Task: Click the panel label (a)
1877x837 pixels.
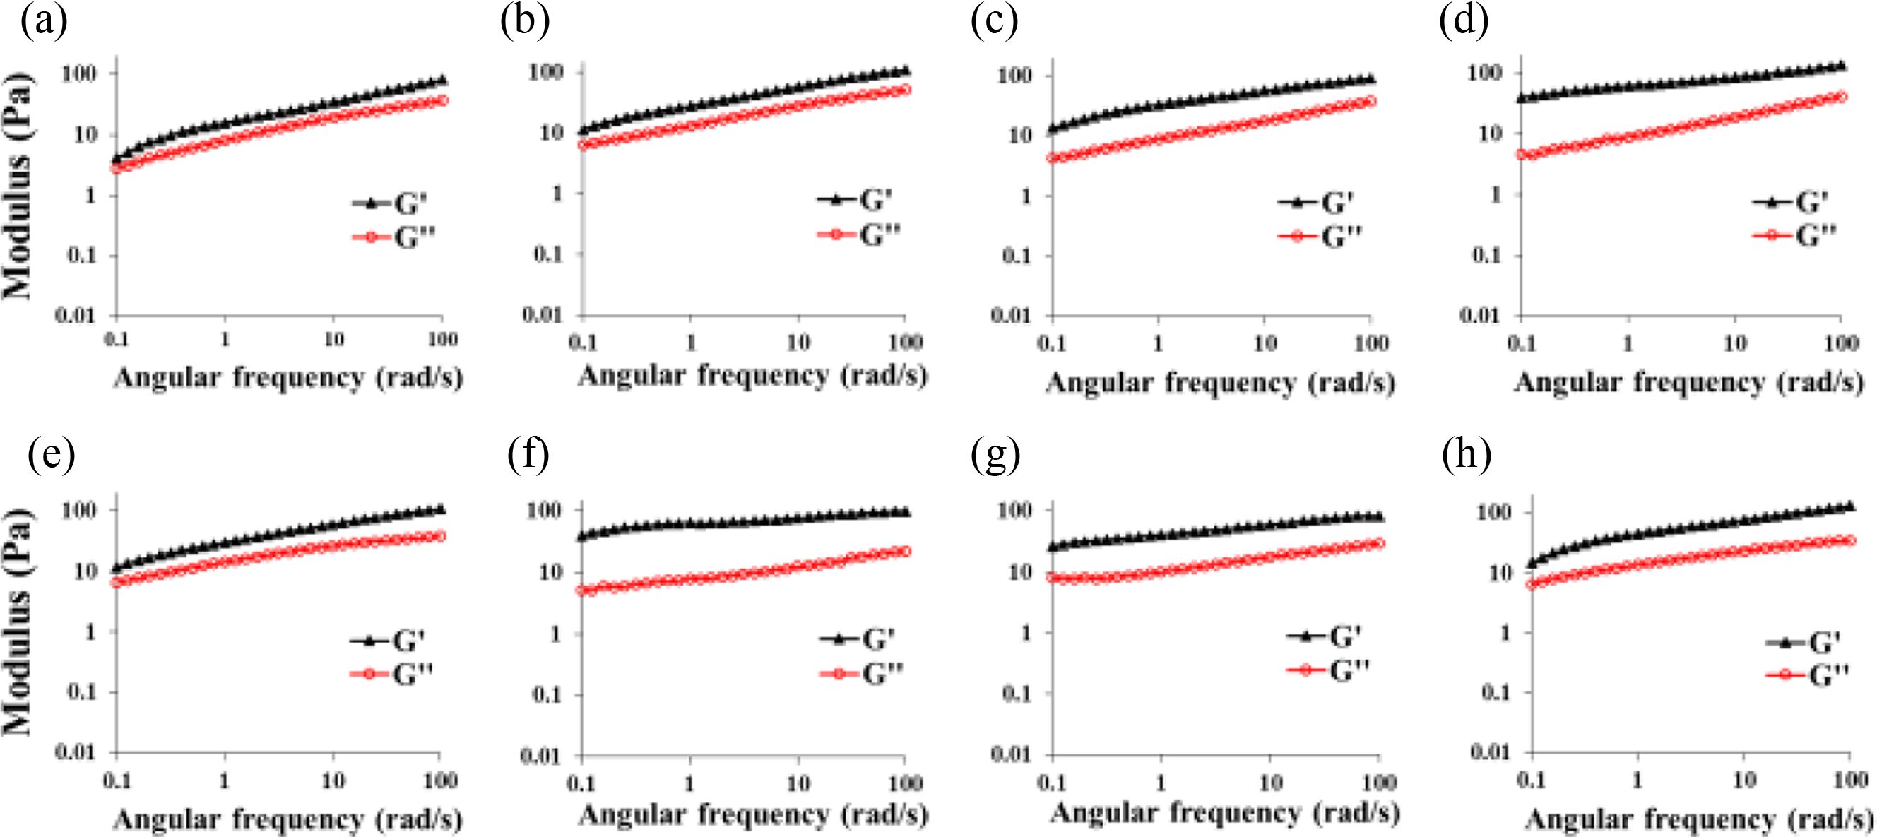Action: click(44, 22)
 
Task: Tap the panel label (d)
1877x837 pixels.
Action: click(1464, 22)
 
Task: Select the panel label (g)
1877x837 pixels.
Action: click(995, 456)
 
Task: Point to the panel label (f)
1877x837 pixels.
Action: click(528, 456)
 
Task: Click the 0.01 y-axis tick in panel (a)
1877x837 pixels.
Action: click(76, 316)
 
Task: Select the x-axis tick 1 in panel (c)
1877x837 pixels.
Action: click(1158, 343)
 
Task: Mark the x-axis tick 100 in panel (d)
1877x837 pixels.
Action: click(1841, 343)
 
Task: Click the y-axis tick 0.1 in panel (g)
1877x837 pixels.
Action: click(1017, 694)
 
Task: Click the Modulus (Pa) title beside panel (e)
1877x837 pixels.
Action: click(18, 621)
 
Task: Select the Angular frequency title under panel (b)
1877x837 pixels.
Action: click(752, 376)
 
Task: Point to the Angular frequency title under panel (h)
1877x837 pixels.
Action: click(1698, 819)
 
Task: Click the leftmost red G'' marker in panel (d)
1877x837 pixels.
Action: click(1522, 155)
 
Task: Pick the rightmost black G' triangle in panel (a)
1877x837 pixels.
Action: click(442, 80)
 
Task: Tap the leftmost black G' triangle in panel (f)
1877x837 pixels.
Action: click(582, 537)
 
